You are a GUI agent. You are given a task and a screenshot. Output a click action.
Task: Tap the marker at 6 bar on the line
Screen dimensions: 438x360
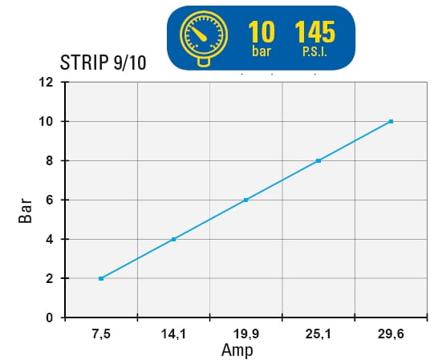[245, 200]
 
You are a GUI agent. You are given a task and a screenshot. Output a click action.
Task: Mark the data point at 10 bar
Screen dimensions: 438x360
[391, 122]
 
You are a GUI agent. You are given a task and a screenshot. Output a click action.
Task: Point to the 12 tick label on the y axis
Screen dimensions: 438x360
[46, 83]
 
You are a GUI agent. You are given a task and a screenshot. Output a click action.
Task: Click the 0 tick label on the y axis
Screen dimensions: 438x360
[50, 318]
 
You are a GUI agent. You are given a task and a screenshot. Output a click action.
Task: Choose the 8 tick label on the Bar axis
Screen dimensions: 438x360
[50, 161]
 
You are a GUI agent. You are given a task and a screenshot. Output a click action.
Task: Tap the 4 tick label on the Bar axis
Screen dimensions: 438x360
[50, 240]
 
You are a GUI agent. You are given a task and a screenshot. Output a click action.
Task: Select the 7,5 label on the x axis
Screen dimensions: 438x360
[101, 334]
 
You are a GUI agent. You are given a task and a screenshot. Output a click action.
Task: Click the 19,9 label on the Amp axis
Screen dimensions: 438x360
[245, 334]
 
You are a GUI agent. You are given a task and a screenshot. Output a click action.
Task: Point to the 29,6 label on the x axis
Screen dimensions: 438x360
[391, 334]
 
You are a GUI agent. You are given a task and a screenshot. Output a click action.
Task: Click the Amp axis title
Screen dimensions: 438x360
[237, 350]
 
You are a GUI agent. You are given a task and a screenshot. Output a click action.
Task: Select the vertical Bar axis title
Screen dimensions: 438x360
[25, 211]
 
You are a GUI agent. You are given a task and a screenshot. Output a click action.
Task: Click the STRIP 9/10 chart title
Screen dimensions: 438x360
[103, 63]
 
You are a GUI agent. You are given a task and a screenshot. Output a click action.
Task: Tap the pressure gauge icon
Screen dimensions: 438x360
[204, 38]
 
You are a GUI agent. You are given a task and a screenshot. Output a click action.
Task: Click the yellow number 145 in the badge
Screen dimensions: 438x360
[314, 32]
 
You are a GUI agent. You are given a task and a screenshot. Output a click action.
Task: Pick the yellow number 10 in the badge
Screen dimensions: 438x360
[262, 32]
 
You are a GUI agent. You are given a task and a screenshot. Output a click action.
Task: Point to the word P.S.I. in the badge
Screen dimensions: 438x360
[314, 52]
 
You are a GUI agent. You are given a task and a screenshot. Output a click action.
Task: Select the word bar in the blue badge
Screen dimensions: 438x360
[262, 51]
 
